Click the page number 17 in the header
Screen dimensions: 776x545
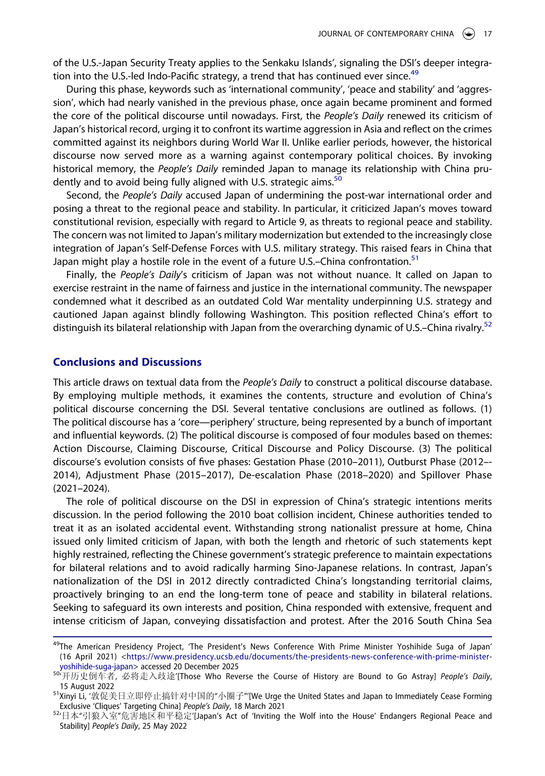click(x=487, y=34)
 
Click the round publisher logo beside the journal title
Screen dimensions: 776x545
click(x=468, y=34)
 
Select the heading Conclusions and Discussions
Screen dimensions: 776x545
click(x=127, y=362)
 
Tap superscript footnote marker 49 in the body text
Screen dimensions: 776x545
click(x=414, y=73)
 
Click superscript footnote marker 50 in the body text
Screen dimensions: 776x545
click(x=338, y=178)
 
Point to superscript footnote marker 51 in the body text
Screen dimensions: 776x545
click(x=414, y=258)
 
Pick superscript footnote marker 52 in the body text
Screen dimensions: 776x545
click(x=487, y=324)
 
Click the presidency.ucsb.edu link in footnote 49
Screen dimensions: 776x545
click(x=308, y=657)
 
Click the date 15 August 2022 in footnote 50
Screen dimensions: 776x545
click(x=87, y=686)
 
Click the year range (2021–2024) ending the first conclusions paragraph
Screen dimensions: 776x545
click(x=81, y=488)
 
